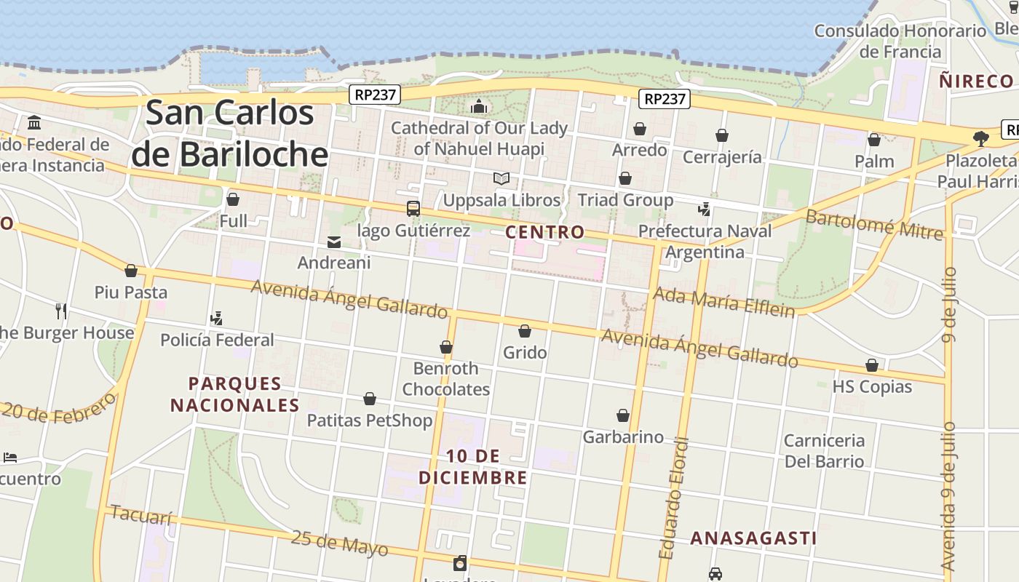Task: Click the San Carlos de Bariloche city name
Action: coord(230,133)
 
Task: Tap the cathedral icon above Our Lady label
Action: coord(478,107)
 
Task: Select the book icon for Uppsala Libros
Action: coord(501,178)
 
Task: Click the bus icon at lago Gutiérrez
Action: coord(413,210)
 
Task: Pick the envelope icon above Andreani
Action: coord(334,242)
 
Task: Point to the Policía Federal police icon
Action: coord(216,318)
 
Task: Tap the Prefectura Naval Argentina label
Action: coord(705,242)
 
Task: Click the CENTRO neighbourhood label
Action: coord(544,232)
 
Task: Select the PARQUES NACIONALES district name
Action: coord(234,394)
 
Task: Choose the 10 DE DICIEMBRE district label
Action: coord(472,466)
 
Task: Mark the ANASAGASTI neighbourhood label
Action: coord(753,538)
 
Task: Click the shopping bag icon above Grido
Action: coord(524,332)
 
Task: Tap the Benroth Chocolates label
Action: coord(446,378)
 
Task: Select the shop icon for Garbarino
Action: coord(623,415)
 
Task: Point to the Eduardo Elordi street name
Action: coord(673,498)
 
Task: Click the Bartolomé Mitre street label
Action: coord(873,224)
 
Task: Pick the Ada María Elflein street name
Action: coord(723,302)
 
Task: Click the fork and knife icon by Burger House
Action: coord(61,311)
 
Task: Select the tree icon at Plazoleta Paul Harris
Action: coord(980,138)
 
